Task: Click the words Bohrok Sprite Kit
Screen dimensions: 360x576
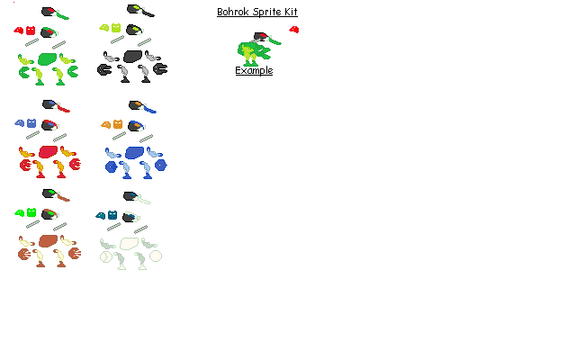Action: click(x=256, y=12)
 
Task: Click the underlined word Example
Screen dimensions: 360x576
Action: click(x=254, y=70)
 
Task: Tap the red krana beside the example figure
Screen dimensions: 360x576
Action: click(x=293, y=31)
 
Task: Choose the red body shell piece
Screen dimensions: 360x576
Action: click(x=49, y=150)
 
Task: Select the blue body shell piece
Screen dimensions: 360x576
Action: click(x=135, y=152)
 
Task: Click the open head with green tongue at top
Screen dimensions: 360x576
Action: click(x=55, y=13)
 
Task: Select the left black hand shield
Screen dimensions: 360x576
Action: click(x=103, y=68)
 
